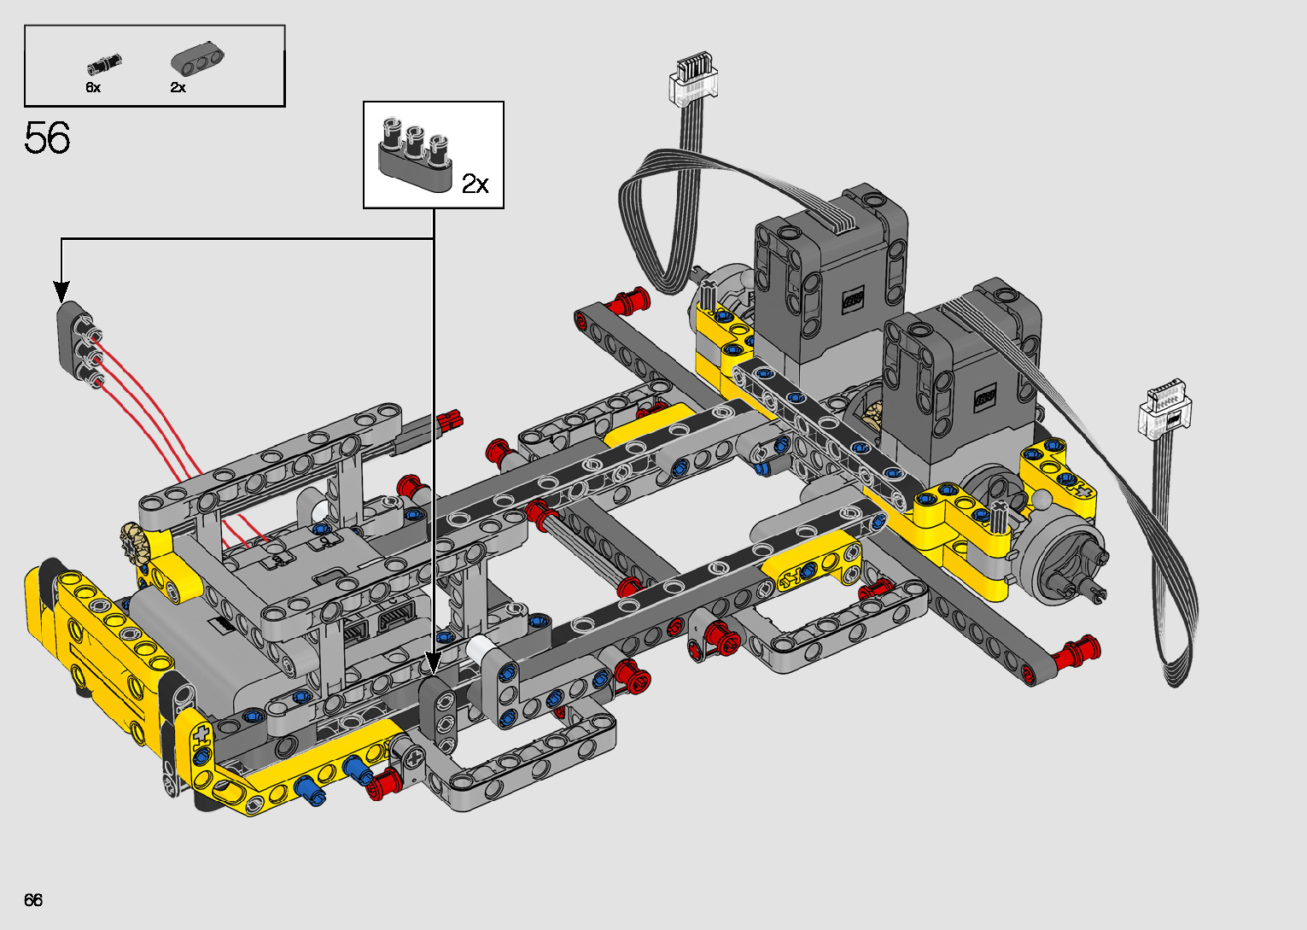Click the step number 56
pos(48,137)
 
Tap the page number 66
pos(33,900)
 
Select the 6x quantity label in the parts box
pos(93,87)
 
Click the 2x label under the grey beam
pos(178,87)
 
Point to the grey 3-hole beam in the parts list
pos(197,60)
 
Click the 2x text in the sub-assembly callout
pos(475,184)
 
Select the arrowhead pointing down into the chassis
pos(433,663)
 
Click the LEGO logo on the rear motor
pos(853,300)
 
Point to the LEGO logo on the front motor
pos(985,398)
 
